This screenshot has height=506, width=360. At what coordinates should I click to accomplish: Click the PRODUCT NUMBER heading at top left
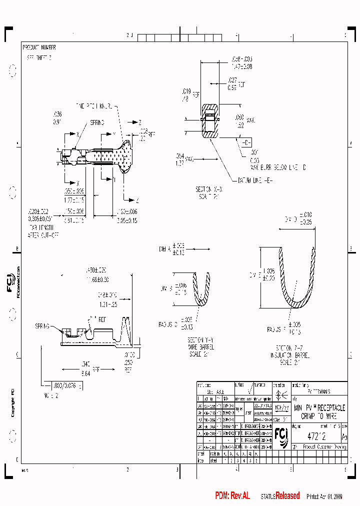tap(39, 47)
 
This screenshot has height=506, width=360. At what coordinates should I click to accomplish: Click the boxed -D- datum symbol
tap(246, 142)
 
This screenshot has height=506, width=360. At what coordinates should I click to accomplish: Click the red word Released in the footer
tap(287, 496)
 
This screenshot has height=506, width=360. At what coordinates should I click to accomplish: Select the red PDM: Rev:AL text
tap(232, 496)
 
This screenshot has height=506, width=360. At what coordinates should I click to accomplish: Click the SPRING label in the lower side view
tap(43, 325)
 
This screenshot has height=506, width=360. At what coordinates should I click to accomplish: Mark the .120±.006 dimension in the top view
tap(127, 214)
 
